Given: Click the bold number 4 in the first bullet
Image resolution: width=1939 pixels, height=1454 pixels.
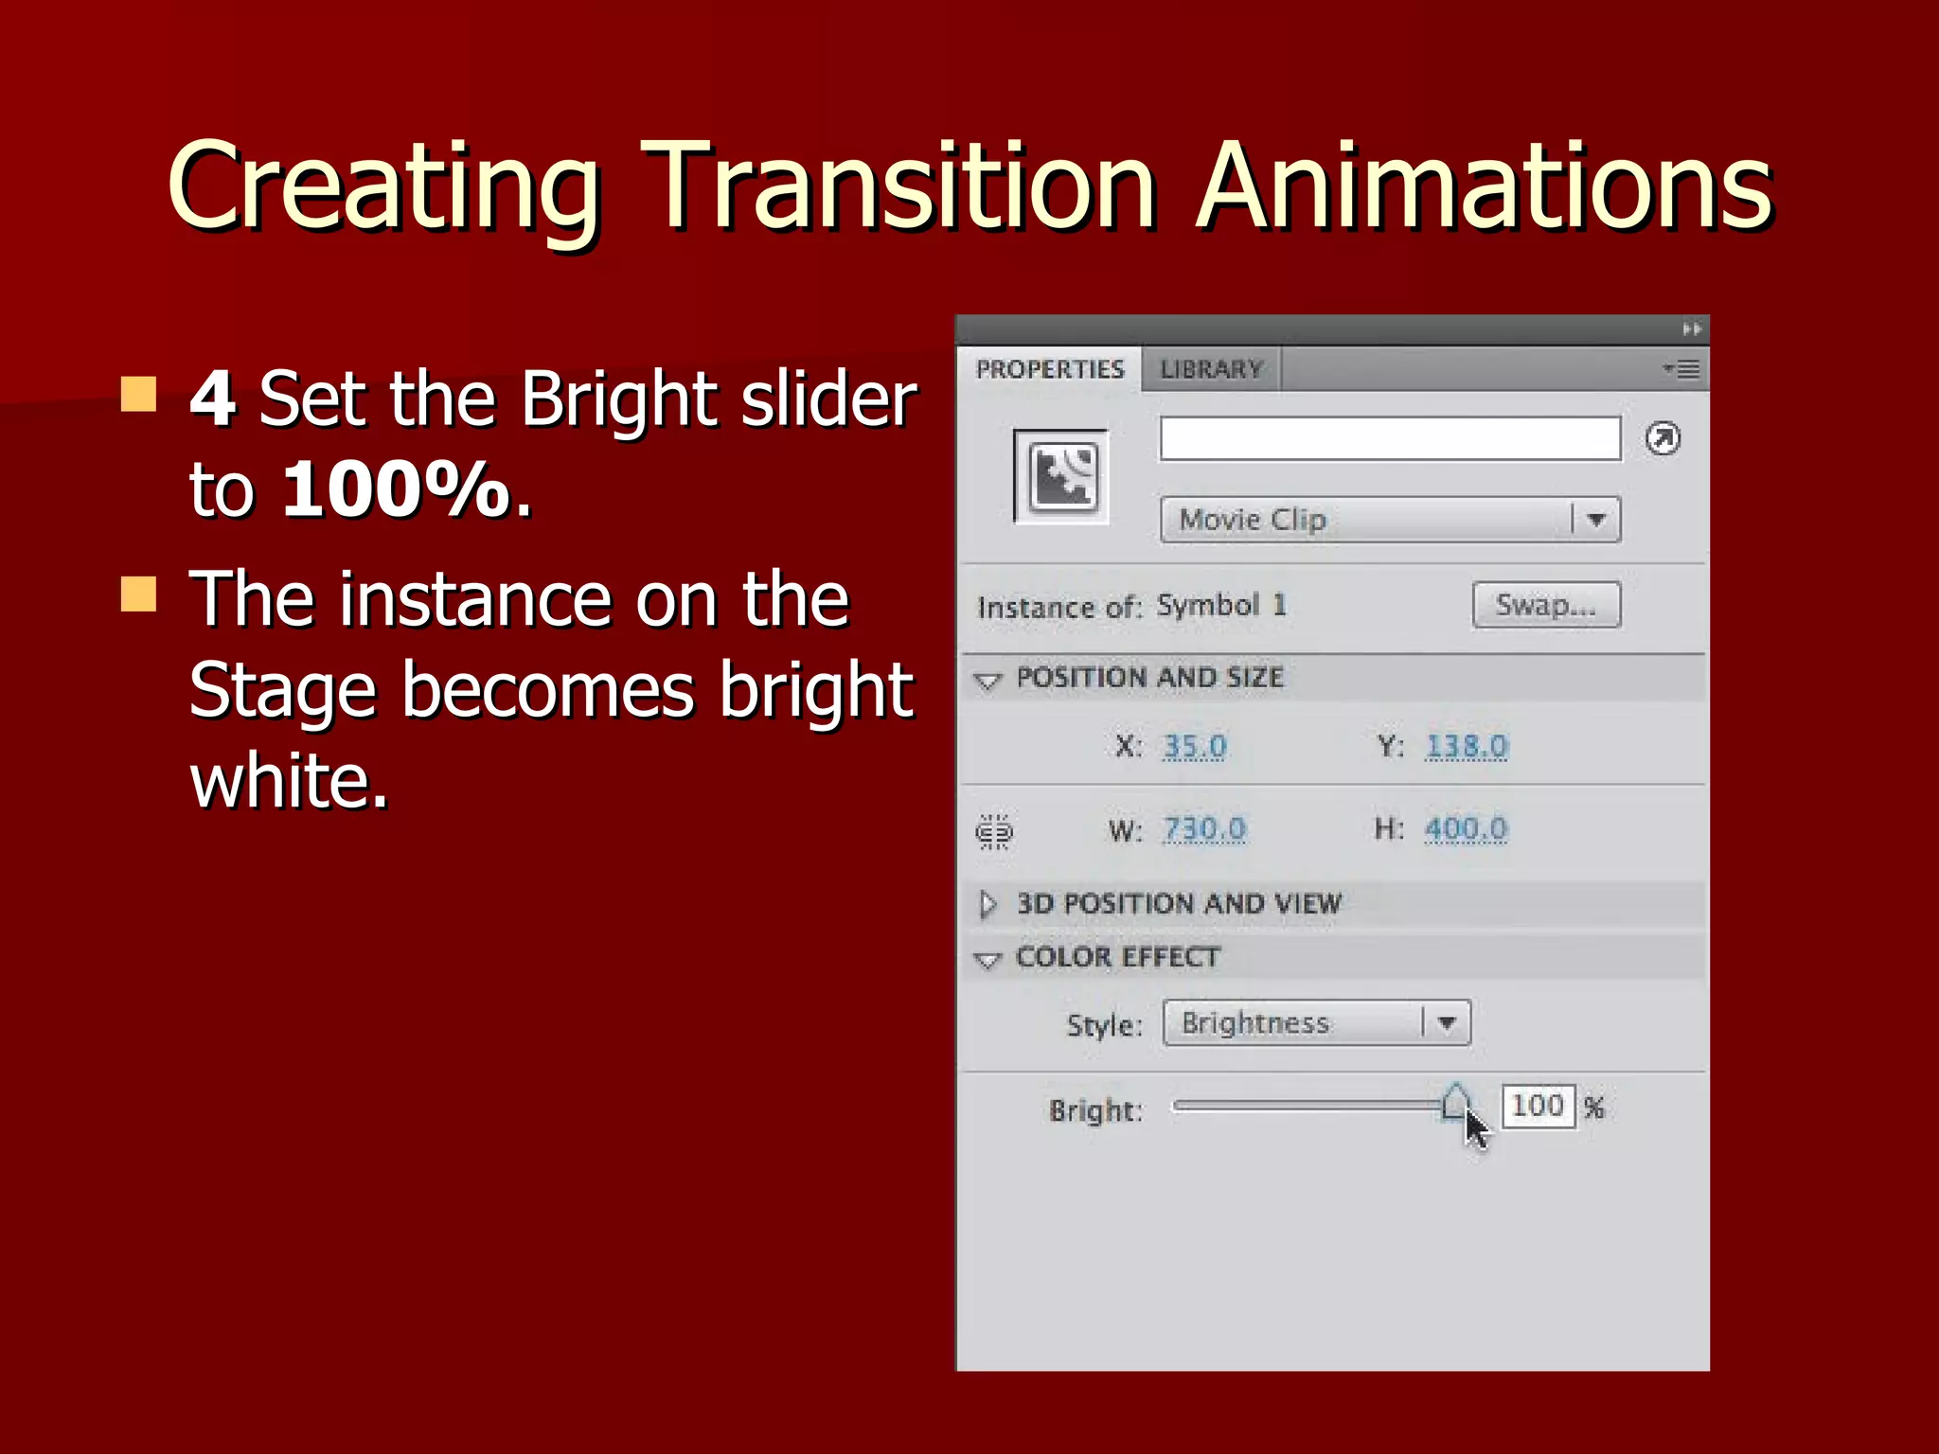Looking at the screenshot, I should click(212, 399).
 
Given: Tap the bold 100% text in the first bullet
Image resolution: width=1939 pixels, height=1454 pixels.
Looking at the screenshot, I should click(396, 489).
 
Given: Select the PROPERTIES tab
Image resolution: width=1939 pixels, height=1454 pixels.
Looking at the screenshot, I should click(1050, 369).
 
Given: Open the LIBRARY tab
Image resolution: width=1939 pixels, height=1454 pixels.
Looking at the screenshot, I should click(1212, 369).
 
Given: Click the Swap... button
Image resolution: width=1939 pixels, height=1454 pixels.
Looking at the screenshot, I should click(1546, 605).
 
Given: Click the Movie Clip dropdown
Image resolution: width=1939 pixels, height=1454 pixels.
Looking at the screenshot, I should click(1390, 520).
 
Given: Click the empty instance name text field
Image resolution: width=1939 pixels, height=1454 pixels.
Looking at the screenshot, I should click(1390, 439).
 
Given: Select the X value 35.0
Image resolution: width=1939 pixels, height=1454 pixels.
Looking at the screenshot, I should click(1195, 747).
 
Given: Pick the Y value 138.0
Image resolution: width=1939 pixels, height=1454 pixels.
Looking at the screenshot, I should click(1467, 747).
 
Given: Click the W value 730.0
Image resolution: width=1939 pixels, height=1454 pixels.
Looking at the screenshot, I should click(1204, 829).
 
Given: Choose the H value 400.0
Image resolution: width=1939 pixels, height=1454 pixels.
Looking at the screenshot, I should click(1466, 829).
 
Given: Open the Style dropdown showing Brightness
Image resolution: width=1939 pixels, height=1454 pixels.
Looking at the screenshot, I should click(1316, 1023).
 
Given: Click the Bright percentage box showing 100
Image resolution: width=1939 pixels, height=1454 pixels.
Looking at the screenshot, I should click(1538, 1106).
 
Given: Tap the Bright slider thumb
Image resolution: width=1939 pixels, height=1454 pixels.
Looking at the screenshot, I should click(1455, 1103).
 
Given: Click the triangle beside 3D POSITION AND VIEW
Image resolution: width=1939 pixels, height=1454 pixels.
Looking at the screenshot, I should click(987, 904).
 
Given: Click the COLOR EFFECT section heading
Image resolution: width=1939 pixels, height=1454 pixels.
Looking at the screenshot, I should click(1117, 958).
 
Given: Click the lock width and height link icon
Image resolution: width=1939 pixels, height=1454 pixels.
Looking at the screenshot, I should click(994, 832).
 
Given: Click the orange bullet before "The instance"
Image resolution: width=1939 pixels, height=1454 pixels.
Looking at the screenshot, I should click(139, 594).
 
